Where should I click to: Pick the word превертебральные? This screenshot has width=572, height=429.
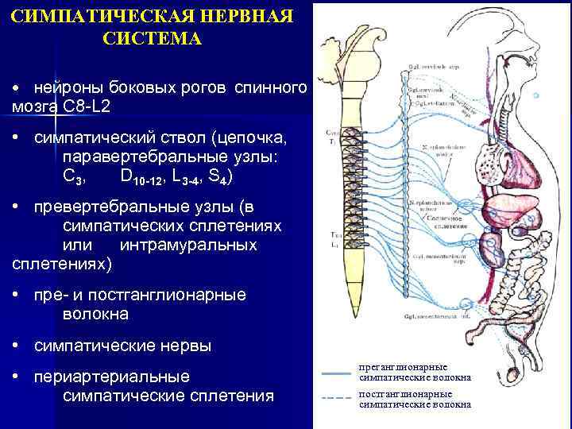(x=135, y=207)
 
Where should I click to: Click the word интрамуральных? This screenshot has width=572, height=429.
(x=188, y=245)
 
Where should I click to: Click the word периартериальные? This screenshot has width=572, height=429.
(x=112, y=376)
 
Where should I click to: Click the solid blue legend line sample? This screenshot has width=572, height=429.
(x=336, y=373)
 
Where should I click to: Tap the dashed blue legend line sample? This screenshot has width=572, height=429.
(x=336, y=397)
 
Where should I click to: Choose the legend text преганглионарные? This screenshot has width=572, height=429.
(x=404, y=367)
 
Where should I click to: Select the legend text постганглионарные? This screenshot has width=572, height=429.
(x=405, y=393)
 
